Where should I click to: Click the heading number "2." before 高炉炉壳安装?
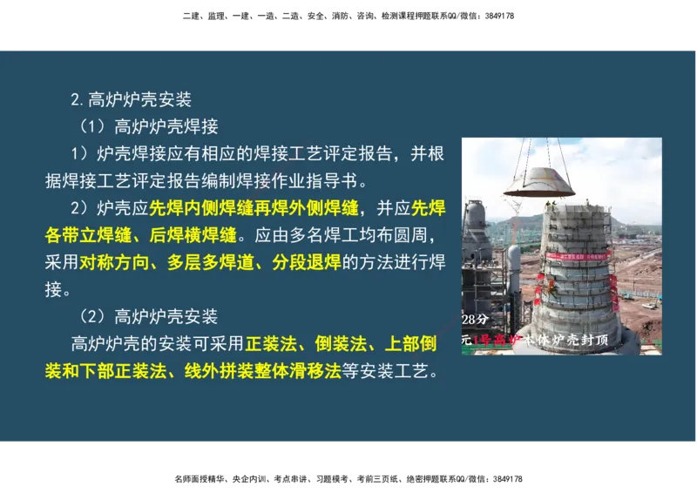tap(78, 99)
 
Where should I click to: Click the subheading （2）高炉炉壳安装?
tap(148, 316)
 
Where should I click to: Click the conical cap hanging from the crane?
tap(538, 180)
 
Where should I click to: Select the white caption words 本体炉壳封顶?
tap(566, 339)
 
